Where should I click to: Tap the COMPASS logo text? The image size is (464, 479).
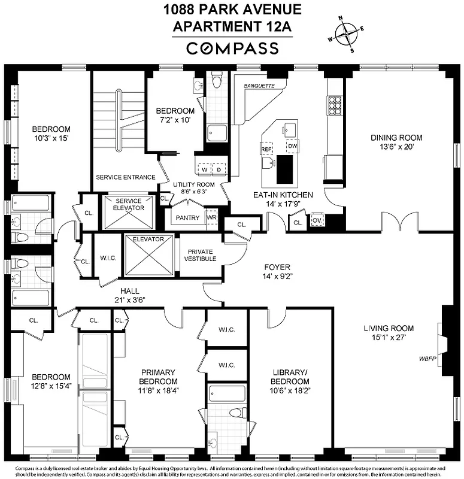click(232, 48)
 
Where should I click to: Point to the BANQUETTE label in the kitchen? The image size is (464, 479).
click(259, 86)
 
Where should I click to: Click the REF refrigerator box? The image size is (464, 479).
click(266, 147)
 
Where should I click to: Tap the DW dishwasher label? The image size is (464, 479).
click(292, 146)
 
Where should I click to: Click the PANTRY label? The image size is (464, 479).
click(187, 218)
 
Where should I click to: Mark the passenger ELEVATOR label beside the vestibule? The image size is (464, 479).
click(148, 239)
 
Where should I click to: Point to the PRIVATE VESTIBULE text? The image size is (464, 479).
click(201, 255)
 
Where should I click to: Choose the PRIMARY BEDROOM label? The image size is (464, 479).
click(158, 377)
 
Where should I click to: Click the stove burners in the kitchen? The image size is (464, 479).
click(333, 105)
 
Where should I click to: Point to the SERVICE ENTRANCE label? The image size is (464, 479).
click(126, 177)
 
